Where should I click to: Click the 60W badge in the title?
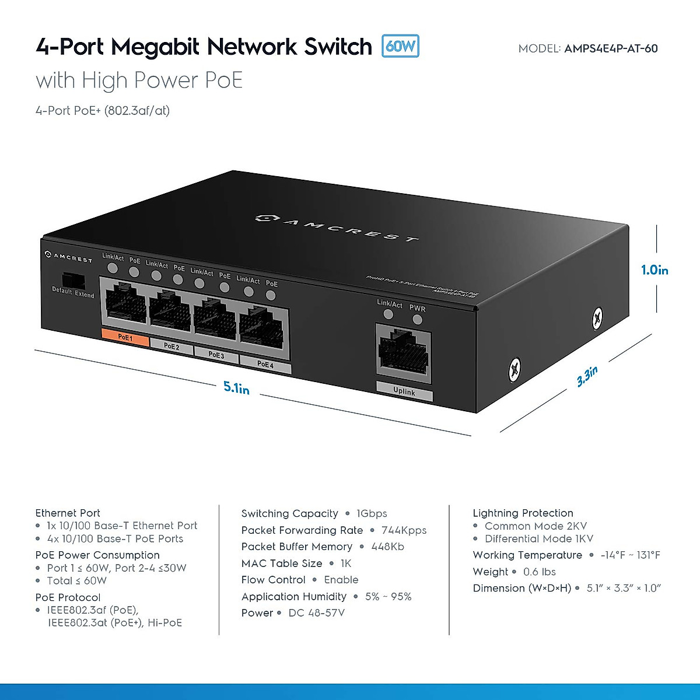tap(400, 46)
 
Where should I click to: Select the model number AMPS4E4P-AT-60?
tap(611, 49)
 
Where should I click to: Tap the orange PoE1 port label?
tap(125, 337)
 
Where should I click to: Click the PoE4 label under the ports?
tap(265, 365)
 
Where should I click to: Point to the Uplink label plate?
tap(404, 391)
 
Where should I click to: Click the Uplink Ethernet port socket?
tap(402, 352)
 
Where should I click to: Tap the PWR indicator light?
tap(417, 320)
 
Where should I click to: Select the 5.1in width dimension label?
tap(236, 387)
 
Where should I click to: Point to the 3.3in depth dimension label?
tap(587, 376)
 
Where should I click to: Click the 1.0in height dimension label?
tap(654, 270)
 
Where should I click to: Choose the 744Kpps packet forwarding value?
tap(404, 530)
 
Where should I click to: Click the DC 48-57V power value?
tap(316, 613)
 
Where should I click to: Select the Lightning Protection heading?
tap(523, 513)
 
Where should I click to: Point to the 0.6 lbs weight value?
tap(539, 572)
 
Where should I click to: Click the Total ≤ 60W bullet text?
tap(77, 581)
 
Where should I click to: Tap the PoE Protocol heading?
tap(68, 597)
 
